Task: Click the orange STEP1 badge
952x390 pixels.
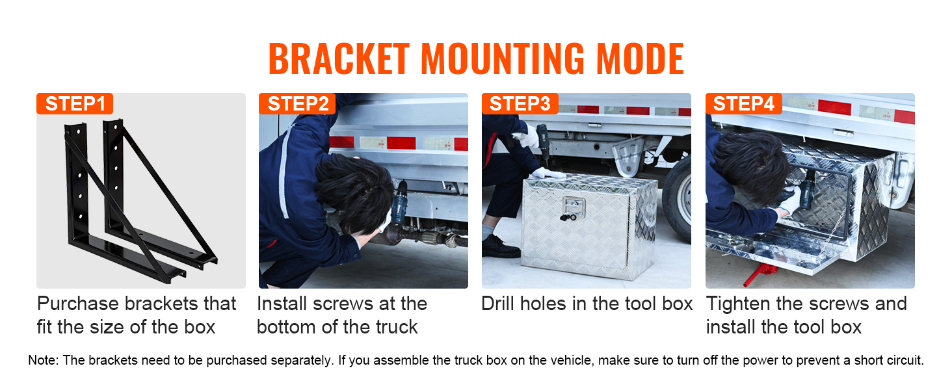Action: (x=75, y=104)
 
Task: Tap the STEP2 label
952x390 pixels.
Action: (x=297, y=104)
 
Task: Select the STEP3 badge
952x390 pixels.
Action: (x=520, y=104)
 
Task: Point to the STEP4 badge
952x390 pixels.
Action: (x=743, y=104)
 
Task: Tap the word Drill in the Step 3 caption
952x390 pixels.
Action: (x=500, y=304)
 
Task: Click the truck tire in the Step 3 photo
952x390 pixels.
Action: (x=678, y=198)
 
